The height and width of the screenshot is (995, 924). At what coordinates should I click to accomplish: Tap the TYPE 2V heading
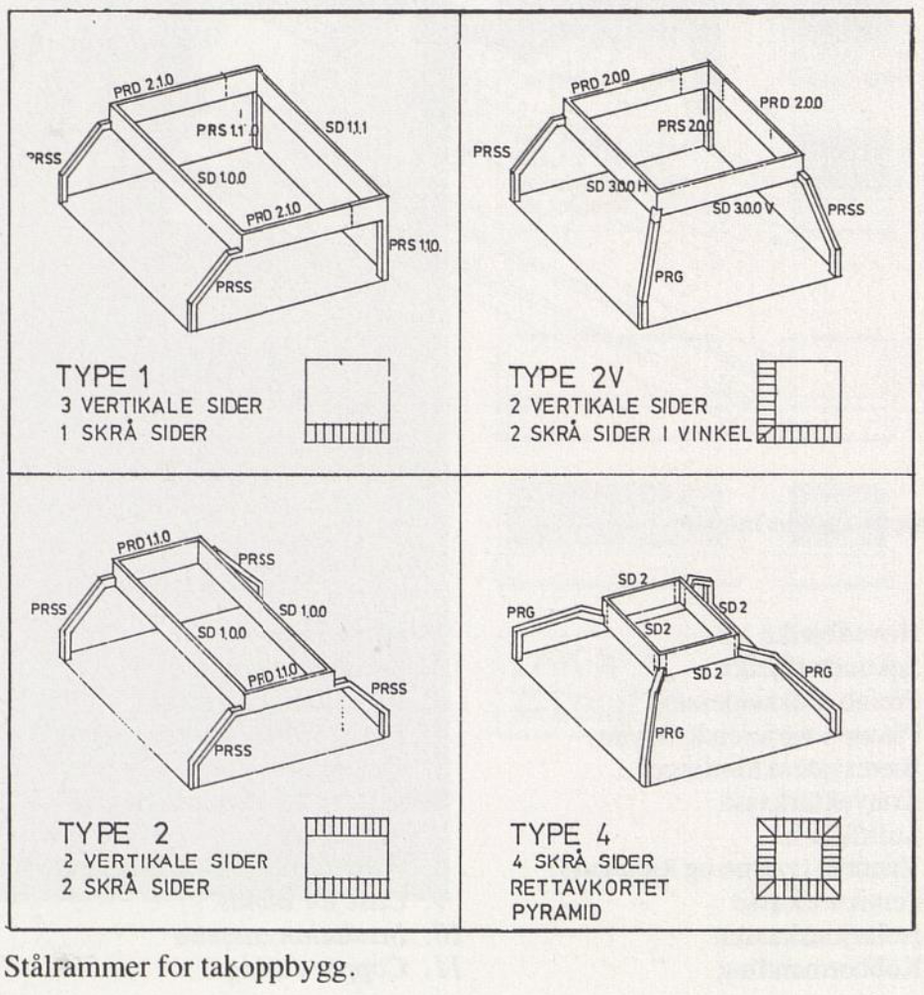tap(557, 379)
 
